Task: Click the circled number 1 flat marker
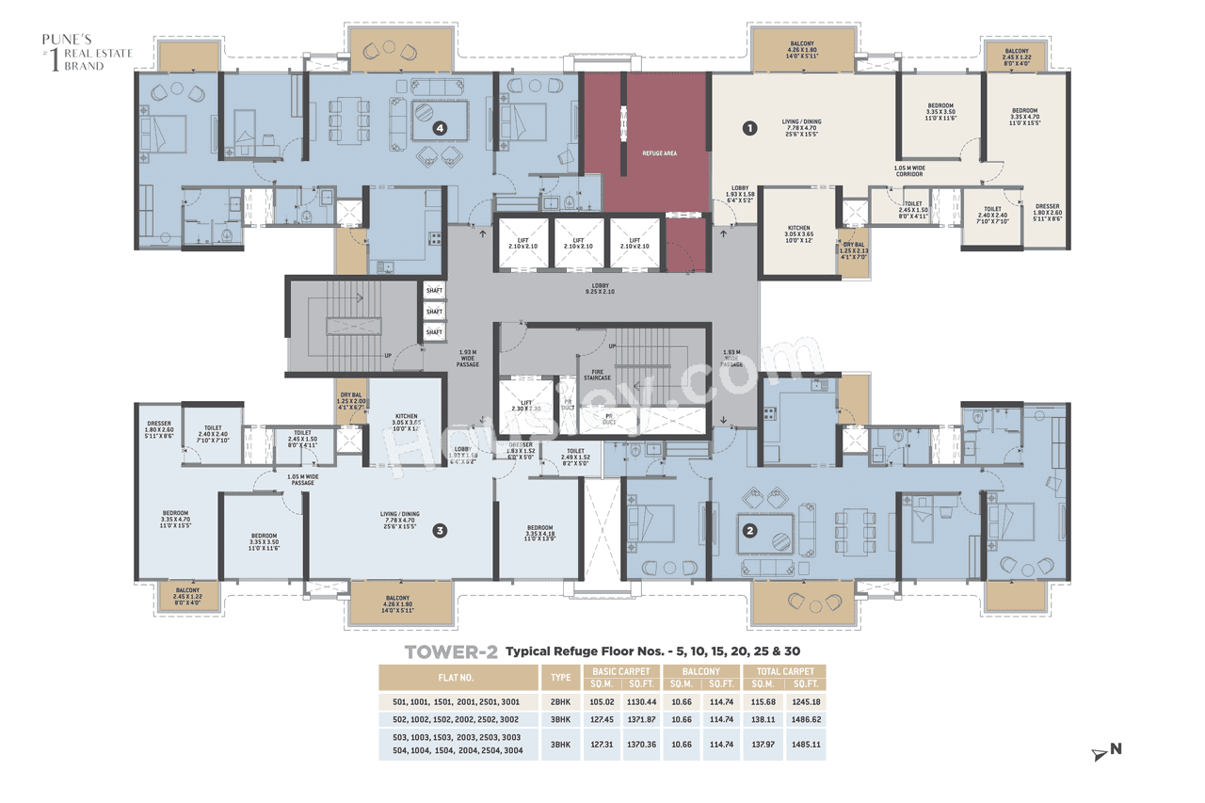click(749, 128)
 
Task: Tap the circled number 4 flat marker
click(438, 127)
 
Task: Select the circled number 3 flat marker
click(439, 531)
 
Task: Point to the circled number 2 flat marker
click(749, 529)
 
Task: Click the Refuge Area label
click(659, 153)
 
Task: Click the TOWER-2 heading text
click(450, 651)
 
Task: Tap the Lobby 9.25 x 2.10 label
click(600, 289)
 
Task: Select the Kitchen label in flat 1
click(798, 232)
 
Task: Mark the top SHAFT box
click(434, 291)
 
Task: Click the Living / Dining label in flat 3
click(399, 518)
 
